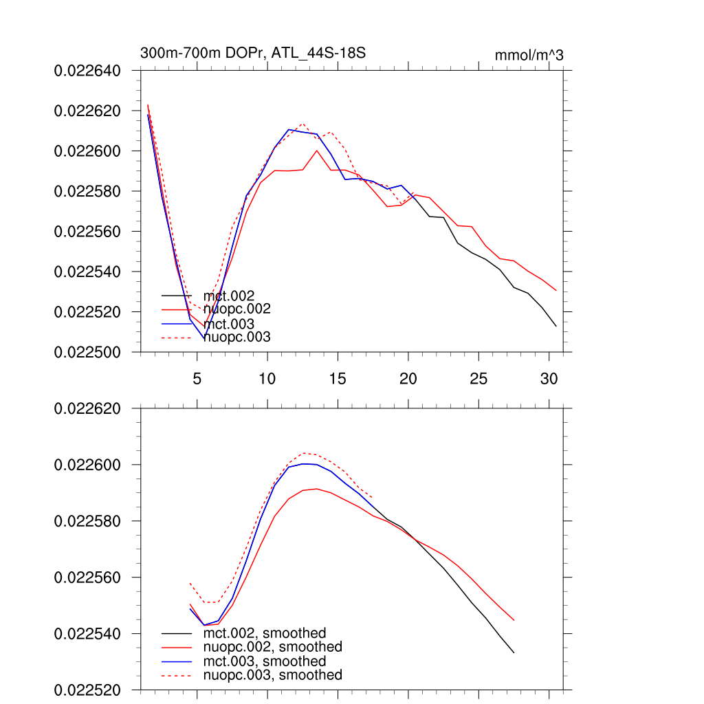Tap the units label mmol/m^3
(x=529, y=55)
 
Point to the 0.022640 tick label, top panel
(x=87, y=70)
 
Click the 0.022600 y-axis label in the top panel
(x=87, y=151)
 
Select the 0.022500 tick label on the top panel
(x=87, y=352)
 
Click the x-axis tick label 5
(x=197, y=378)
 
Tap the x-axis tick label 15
(x=338, y=378)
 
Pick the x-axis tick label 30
(x=549, y=378)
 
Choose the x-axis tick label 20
(x=408, y=378)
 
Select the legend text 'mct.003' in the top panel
(x=233, y=324)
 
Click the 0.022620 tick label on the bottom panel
(x=87, y=408)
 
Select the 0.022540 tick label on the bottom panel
(x=87, y=633)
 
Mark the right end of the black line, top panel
(x=556, y=326)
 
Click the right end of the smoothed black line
(x=514, y=652)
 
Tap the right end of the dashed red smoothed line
(x=373, y=498)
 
